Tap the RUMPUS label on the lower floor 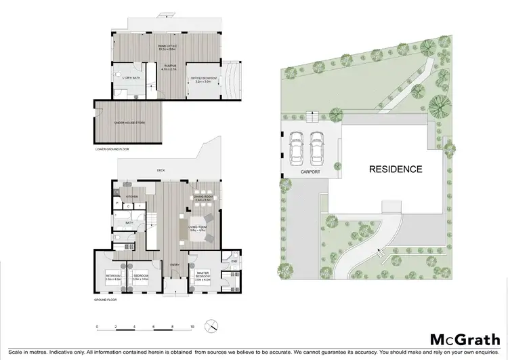tap(169, 66)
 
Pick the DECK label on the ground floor tap(161, 170)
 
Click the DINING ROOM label tap(203, 197)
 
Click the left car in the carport tap(295, 148)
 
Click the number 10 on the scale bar tap(192, 327)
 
